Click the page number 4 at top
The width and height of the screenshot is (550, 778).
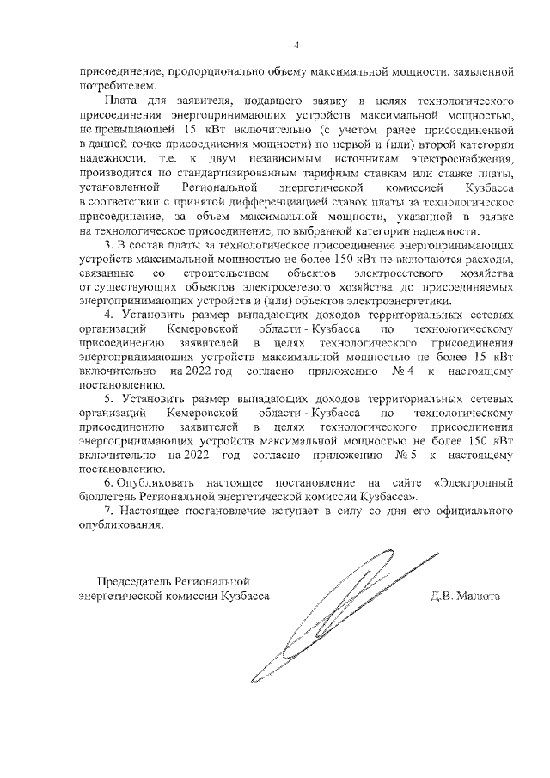(296, 45)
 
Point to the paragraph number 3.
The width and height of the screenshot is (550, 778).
(107, 247)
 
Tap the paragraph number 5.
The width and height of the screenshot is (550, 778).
(107, 400)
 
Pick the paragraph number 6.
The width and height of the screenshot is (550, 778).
(107, 485)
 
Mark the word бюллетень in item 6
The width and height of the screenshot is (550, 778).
(107, 499)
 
